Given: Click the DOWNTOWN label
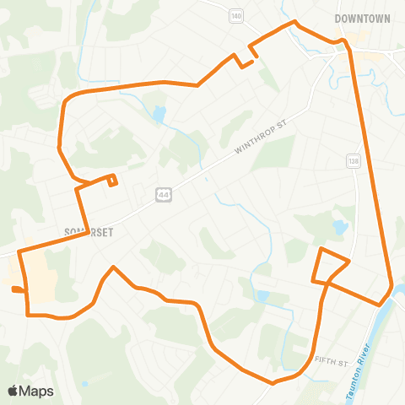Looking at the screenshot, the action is point(362,18).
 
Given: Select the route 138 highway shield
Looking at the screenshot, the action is point(353,160).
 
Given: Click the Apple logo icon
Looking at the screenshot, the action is point(13,390).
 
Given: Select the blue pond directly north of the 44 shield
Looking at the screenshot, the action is point(159,114).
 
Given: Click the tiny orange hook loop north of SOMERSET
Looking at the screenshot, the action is point(113,179).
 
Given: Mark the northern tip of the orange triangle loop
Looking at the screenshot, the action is point(320,250).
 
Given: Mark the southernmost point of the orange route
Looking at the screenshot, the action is point(273,382).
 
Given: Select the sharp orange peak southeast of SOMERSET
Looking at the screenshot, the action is point(113,267).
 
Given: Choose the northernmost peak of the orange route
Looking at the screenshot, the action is point(294,23).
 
